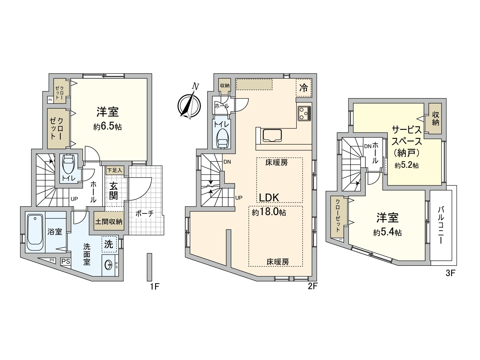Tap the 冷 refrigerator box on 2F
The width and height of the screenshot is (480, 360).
304,88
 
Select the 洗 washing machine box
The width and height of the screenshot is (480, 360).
109,244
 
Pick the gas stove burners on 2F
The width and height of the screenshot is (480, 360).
304,113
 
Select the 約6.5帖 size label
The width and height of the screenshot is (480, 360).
107,127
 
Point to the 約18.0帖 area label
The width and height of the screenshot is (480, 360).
269,212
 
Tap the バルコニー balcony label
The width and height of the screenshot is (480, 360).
440,225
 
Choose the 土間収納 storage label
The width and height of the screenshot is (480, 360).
109,222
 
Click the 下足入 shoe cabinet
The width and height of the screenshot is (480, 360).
115,170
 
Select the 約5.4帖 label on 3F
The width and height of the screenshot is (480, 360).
388,232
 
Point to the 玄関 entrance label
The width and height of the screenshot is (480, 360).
113,191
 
